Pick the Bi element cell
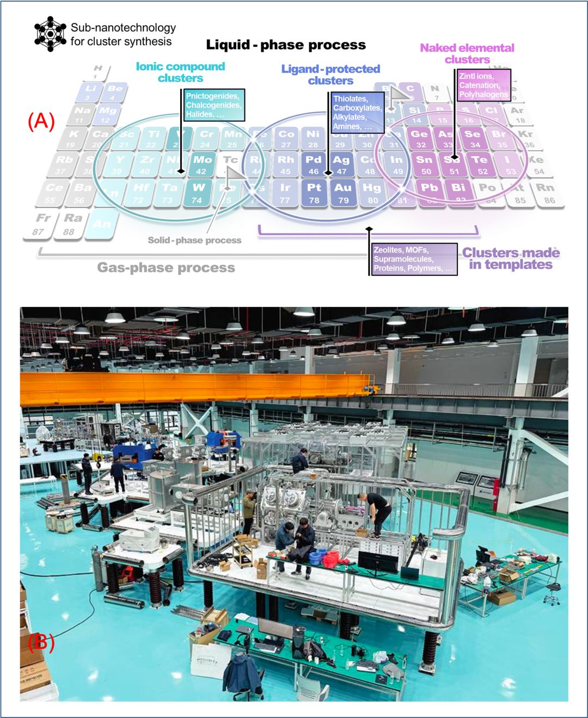click(458, 192)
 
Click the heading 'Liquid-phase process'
click(286, 45)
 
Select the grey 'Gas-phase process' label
click(166, 267)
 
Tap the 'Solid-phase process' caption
click(194, 240)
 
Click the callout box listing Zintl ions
click(483, 85)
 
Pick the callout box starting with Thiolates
click(357, 112)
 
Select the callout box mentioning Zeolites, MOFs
click(414, 259)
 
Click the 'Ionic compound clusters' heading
click(180, 72)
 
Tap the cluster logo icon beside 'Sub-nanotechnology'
click(50, 34)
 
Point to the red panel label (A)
click(41, 121)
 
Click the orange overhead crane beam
click(191, 389)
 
